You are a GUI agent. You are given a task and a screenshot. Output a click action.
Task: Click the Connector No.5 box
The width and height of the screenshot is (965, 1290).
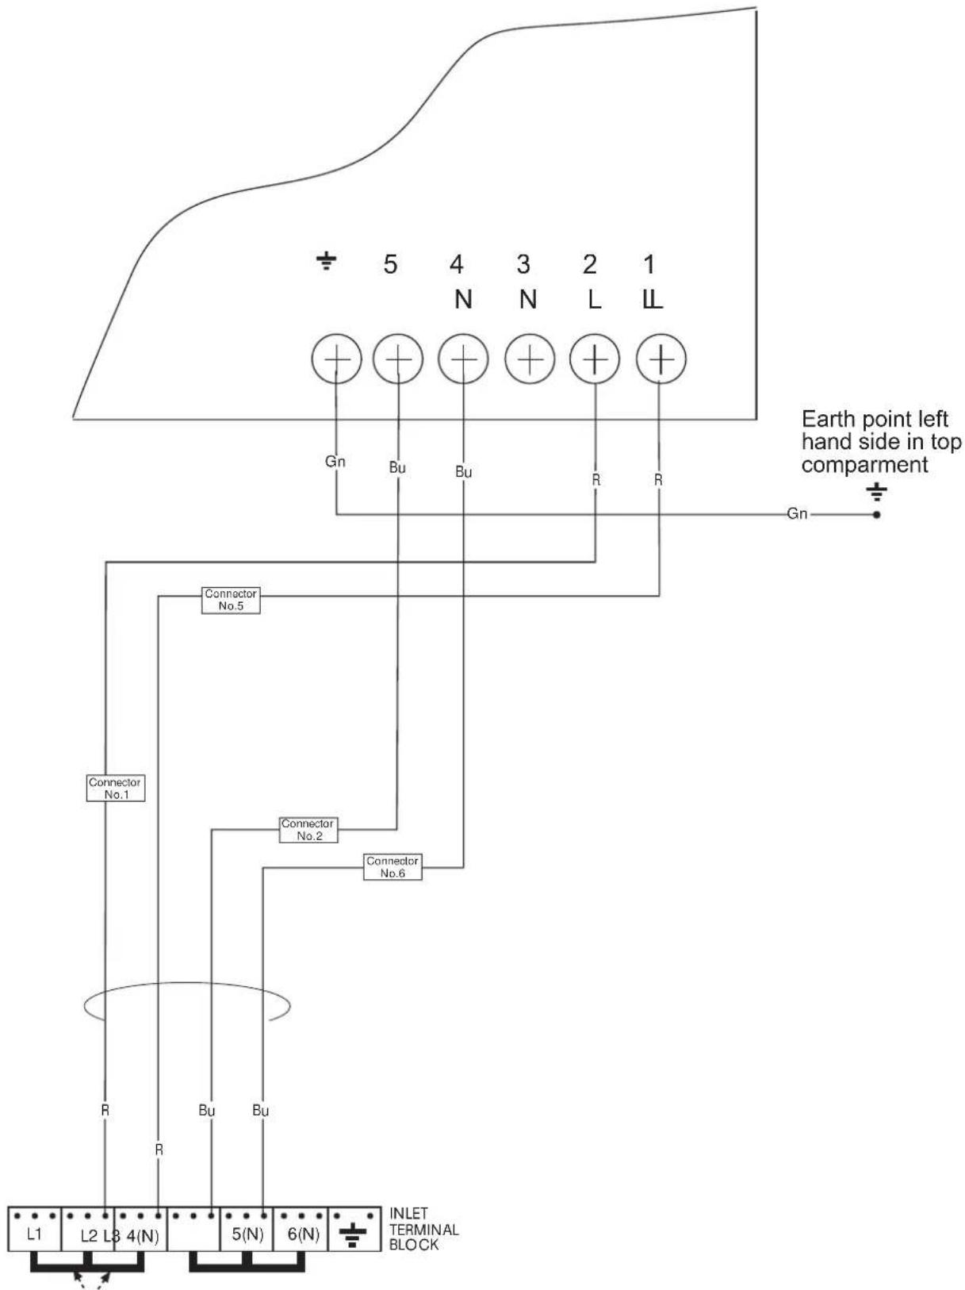pyautogui.click(x=231, y=600)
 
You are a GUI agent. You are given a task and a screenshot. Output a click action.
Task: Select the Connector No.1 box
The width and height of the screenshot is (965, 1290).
pyautogui.click(x=115, y=788)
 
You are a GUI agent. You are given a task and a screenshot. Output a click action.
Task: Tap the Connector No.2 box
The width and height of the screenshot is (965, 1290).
pyautogui.click(x=308, y=829)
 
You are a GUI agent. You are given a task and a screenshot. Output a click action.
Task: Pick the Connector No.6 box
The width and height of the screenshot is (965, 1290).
pyautogui.click(x=393, y=867)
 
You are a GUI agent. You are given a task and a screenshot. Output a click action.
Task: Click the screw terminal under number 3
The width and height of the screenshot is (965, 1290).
pyautogui.click(x=529, y=359)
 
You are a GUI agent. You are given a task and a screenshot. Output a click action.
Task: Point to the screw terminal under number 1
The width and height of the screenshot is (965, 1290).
pyautogui.click(x=661, y=359)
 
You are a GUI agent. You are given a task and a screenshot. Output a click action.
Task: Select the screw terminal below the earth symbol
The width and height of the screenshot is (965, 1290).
pyautogui.click(x=336, y=359)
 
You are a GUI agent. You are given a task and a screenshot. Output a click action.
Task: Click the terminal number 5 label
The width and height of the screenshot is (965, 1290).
pyautogui.click(x=391, y=264)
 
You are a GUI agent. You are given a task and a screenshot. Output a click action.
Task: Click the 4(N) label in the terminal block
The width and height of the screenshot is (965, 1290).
pyautogui.click(x=143, y=1236)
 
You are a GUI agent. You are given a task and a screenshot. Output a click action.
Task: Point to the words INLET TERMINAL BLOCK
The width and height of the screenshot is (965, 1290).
pyautogui.click(x=423, y=1229)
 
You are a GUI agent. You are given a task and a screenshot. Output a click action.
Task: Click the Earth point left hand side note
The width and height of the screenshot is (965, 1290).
pyautogui.click(x=881, y=442)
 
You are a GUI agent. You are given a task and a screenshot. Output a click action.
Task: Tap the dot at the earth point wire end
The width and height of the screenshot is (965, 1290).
pyautogui.click(x=876, y=515)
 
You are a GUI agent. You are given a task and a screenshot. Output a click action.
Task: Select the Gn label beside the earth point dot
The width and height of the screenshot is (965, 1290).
pyautogui.click(x=797, y=513)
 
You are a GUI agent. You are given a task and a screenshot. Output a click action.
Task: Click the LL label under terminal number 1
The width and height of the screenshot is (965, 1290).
pyautogui.click(x=652, y=301)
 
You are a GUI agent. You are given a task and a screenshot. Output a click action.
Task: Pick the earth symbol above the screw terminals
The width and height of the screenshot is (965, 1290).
pyautogui.click(x=326, y=260)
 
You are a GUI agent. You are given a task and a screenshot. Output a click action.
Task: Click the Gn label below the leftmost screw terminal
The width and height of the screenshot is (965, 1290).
pyautogui.click(x=335, y=462)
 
